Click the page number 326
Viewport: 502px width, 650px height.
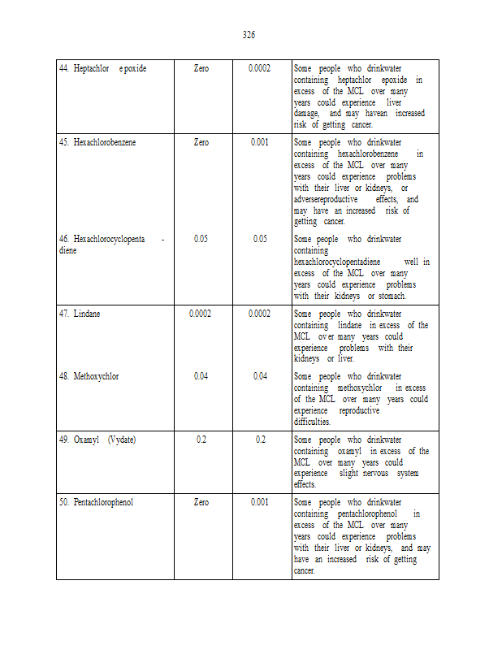249,34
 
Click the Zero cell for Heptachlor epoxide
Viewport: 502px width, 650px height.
201,68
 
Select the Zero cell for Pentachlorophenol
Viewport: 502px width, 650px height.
201,502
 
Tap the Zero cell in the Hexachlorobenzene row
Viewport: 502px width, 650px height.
201,142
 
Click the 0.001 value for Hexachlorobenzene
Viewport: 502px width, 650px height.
260,142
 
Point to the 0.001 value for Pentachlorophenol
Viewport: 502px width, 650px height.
260,502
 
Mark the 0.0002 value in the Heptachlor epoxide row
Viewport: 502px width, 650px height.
260,68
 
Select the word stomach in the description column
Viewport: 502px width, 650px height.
391,297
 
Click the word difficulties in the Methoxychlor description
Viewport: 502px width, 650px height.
312,422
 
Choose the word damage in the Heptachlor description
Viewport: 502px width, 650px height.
306,114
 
